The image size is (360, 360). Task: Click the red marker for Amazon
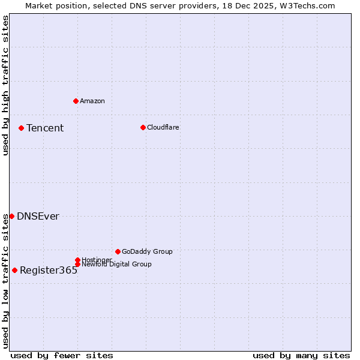(x=76, y=101)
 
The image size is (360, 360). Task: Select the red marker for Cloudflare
(x=143, y=127)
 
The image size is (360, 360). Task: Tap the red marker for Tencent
(x=21, y=128)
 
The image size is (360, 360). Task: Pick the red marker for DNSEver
(x=11, y=216)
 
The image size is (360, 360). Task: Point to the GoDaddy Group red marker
(x=118, y=251)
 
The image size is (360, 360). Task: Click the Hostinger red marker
(x=77, y=260)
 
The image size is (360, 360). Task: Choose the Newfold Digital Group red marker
(x=77, y=264)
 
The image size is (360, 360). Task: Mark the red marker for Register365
(x=14, y=270)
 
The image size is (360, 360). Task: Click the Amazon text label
(x=92, y=101)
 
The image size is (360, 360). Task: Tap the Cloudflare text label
(x=163, y=127)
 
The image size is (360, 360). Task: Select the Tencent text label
(x=45, y=128)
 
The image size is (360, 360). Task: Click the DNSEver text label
(x=38, y=217)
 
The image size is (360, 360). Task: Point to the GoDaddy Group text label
(x=147, y=252)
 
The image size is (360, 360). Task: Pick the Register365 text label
(x=49, y=271)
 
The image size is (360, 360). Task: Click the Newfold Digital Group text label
(x=117, y=265)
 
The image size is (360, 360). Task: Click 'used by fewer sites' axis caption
(x=62, y=355)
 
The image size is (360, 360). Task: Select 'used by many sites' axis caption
(x=301, y=355)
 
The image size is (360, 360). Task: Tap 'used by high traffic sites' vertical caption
(x=6, y=85)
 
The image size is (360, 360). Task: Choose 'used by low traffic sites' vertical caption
(x=6, y=280)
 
